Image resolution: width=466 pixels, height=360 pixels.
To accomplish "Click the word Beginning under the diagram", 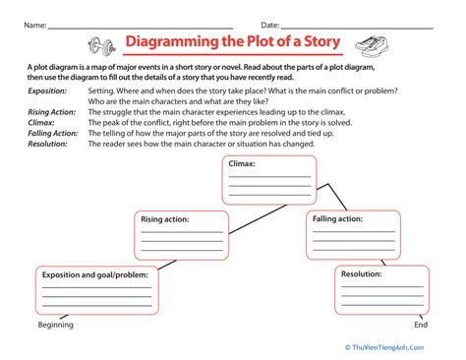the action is (55, 326).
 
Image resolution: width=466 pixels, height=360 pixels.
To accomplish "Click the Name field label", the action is (34, 22).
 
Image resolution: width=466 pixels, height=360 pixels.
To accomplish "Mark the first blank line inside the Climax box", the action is (267, 177).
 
